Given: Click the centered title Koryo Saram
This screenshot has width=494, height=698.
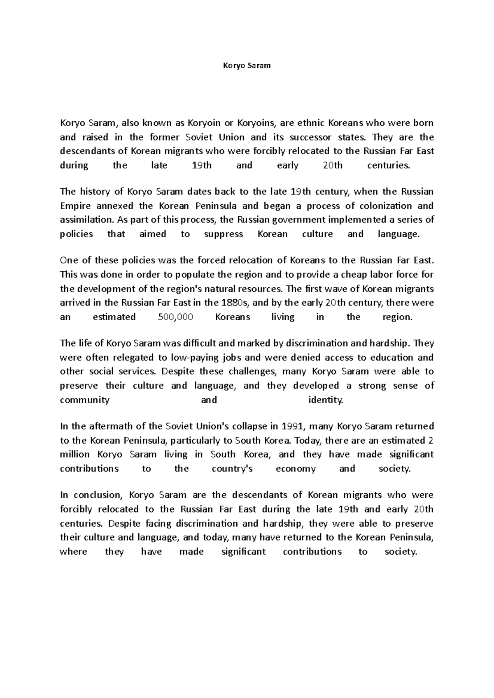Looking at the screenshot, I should pyautogui.click(x=247, y=65).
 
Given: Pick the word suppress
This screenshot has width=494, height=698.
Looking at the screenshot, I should pyautogui.click(x=224, y=234).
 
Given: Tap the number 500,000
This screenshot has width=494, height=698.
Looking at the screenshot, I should pyautogui.click(x=175, y=317).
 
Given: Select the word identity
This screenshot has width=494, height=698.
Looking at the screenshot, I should pyautogui.click(x=325, y=400).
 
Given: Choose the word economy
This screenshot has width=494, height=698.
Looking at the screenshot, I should pyautogui.click(x=296, y=469).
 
